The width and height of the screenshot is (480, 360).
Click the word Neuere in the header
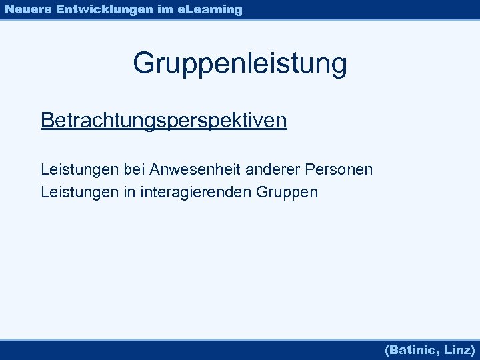click(26, 9)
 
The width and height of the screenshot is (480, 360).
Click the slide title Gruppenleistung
click(240, 64)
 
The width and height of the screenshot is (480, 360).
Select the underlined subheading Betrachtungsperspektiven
click(164, 121)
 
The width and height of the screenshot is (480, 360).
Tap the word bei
click(133, 170)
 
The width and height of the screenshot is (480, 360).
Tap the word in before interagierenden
click(127, 193)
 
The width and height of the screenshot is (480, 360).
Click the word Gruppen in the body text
click(287, 193)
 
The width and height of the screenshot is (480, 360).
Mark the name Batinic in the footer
click(415, 349)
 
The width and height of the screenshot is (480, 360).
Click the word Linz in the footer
click(458, 349)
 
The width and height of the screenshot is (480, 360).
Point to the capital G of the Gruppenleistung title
click(143, 64)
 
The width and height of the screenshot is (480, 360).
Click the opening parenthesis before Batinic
click(387, 349)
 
